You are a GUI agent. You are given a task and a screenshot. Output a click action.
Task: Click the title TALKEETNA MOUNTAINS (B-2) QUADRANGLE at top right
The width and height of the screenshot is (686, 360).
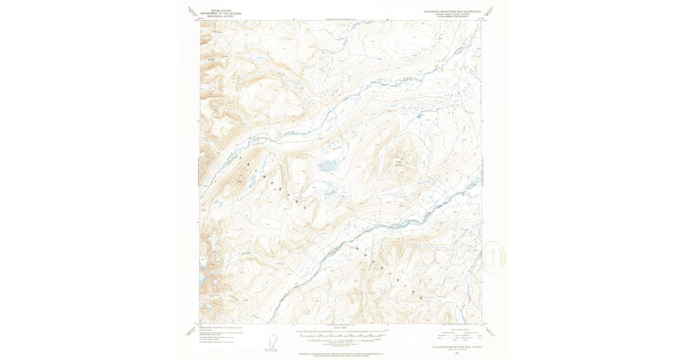pyautogui.click(x=452, y=11)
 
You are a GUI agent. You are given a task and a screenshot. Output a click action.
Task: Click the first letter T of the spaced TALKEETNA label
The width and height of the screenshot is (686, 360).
pyautogui.click(x=240, y=155)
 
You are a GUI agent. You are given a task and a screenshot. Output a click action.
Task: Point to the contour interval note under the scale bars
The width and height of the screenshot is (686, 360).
pyautogui.click(x=340, y=342)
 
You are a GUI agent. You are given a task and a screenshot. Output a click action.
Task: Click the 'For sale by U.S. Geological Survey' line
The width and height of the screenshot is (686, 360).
pyautogui.click(x=340, y=354)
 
